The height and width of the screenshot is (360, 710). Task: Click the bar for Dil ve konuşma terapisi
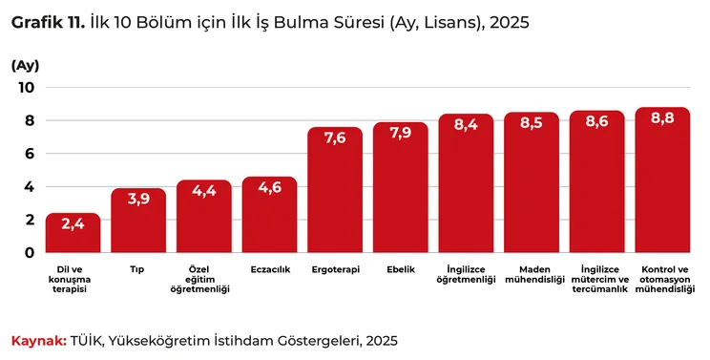coord(73,233)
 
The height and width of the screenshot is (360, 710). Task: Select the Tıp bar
coord(138,221)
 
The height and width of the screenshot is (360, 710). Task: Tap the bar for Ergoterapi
coord(335,190)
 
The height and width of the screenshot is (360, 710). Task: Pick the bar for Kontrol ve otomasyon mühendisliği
coord(662,180)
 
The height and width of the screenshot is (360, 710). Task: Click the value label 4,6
coord(270,187)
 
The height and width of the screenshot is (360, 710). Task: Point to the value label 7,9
coord(401,134)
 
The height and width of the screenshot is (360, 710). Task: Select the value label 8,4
coord(466,124)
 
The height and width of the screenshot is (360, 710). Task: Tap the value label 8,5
coord(532,123)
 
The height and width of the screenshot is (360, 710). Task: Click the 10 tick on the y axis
coord(27,88)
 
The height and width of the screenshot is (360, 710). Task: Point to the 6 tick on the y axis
coord(30,154)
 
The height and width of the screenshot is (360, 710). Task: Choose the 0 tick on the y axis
coord(30,253)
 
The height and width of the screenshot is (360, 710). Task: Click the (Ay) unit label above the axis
coord(26,66)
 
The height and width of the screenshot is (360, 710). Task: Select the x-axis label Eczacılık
coord(270,269)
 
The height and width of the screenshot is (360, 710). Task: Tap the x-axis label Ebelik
coord(401,269)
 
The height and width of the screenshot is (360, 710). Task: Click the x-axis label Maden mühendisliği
coord(534,274)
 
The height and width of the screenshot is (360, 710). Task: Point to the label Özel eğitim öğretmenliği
coord(200,280)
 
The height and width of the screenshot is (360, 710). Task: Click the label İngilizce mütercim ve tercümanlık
coord(600,280)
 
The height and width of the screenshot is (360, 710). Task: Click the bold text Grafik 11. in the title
coord(48,23)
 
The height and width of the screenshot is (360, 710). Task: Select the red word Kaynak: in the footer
coord(39,341)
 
